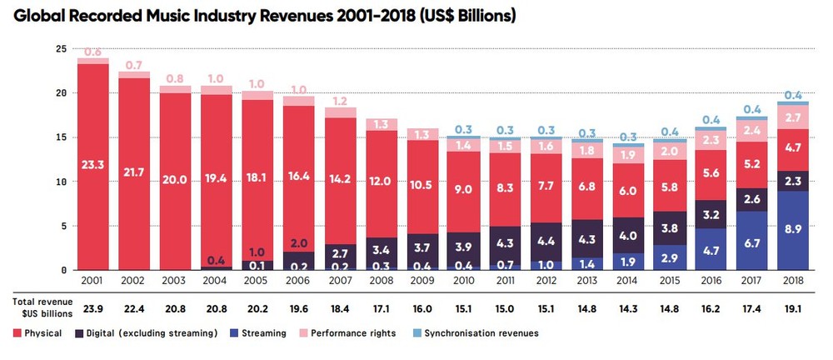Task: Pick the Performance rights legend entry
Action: click(354, 333)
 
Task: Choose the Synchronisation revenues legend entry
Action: click(475, 333)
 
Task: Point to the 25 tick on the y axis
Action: click(61, 49)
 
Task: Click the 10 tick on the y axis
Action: click(61, 182)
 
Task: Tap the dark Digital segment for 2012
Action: click(546, 239)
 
